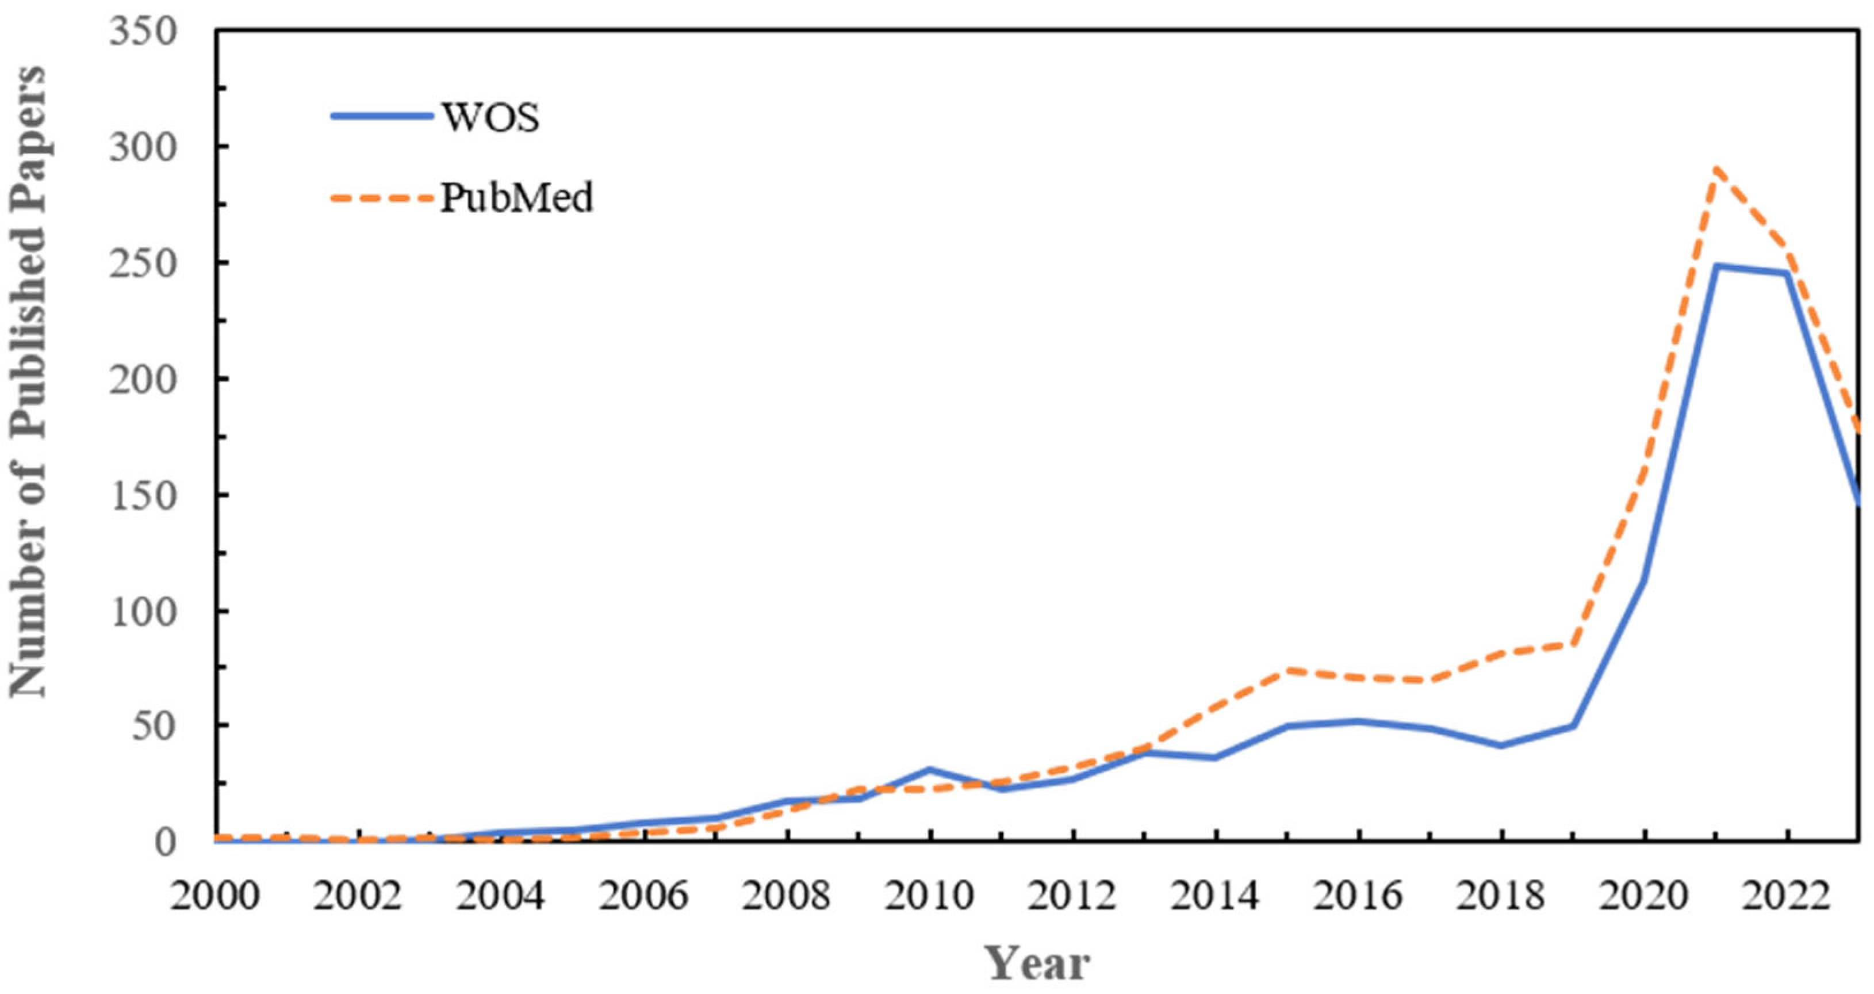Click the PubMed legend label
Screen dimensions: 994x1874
pyautogui.click(x=516, y=198)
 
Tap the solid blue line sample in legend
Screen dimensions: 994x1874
pyautogui.click(x=381, y=116)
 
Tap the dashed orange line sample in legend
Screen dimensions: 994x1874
pyautogui.click(x=381, y=197)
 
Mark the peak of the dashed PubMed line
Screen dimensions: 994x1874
pyautogui.click(x=1715, y=169)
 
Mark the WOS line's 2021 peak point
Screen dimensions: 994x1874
pyautogui.click(x=1716, y=266)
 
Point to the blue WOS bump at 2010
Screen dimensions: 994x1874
pyautogui.click(x=929, y=769)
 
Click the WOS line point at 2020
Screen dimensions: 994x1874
pyautogui.click(x=1644, y=580)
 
